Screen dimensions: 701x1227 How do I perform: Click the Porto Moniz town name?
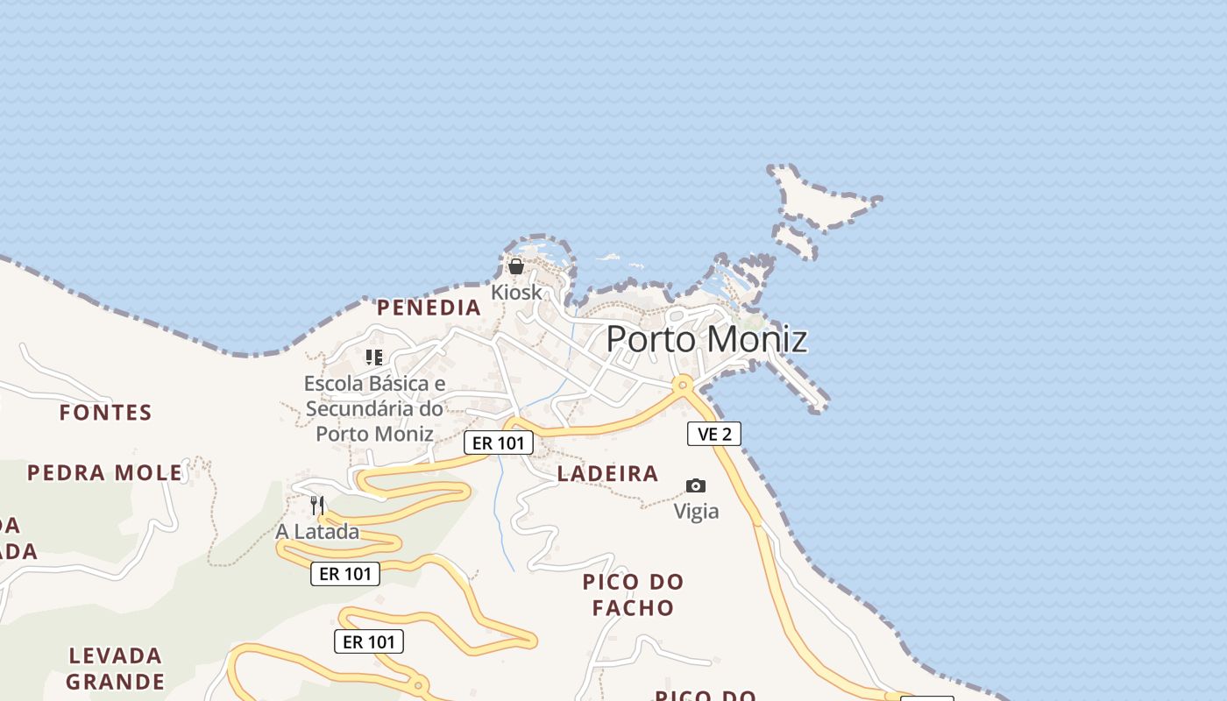pyautogui.click(x=706, y=339)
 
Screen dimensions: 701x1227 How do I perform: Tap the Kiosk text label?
pyautogui.click(x=516, y=292)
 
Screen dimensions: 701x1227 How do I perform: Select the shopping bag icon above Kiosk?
pyautogui.click(x=516, y=266)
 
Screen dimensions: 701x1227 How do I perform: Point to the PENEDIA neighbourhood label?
pyautogui.click(x=429, y=308)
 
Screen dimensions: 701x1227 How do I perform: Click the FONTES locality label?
pyautogui.click(x=105, y=412)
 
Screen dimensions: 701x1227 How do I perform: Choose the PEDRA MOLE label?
pyautogui.click(x=104, y=473)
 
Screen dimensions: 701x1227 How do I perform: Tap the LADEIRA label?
pyautogui.click(x=607, y=474)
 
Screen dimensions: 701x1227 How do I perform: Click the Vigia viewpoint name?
pyautogui.click(x=696, y=511)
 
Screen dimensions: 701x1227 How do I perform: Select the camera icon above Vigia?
pyautogui.click(x=696, y=485)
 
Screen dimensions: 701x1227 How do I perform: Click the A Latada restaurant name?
pyautogui.click(x=317, y=532)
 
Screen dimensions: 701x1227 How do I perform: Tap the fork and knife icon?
pyautogui.click(x=317, y=506)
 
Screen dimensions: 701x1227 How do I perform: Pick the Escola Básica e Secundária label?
pyautogui.click(x=374, y=408)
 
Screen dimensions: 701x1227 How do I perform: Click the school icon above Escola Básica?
pyautogui.click(x=374, y=358)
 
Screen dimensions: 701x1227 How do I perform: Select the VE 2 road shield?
pyautogui.click(x=714, y=434)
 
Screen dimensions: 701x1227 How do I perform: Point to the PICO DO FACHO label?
pyautogui.click(x=633, y=594)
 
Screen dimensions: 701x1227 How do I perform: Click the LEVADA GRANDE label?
pyautogui.click(x=115, y=669)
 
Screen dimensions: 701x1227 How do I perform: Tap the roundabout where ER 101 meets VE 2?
pyautogui.click(x=683, y=384)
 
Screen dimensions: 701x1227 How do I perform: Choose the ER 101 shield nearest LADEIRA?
pyautogui.click(x=498, y=443)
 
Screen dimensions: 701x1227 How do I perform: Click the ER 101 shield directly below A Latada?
pyautogui.click(x=345, y=574)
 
